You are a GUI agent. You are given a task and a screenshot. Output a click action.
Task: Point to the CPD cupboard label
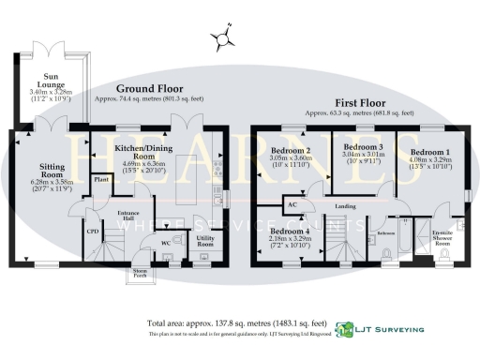tap(93, 230)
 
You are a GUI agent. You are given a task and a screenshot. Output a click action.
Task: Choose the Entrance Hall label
tap(127, 217)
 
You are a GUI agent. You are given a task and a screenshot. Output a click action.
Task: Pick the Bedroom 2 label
tap(291, 151)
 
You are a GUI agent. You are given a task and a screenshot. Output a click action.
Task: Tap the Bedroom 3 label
tap(363, 147)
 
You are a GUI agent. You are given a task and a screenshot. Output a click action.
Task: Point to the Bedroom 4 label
tap(291, 231)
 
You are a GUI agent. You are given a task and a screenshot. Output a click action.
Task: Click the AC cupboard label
tap(292, 204)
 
